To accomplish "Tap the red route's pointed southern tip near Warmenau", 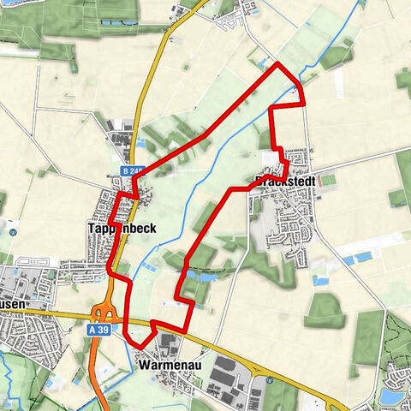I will click(140, 346).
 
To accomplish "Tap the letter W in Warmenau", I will click(142, 363).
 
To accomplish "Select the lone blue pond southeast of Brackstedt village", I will click(321, 280).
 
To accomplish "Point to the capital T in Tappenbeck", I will click(91, 229).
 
